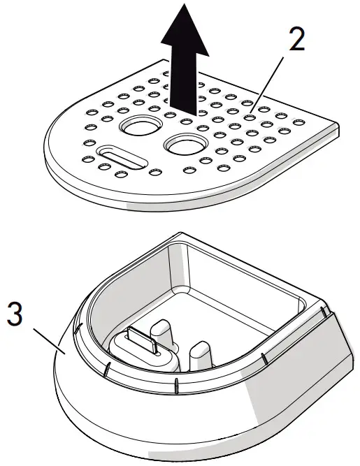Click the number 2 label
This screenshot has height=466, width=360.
click(297, 40)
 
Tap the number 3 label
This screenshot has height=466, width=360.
click(15, 314)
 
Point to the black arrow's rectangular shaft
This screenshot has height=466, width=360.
click(183, 83)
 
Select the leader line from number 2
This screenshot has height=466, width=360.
click(267, 84)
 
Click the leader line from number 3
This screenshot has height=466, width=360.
click(50, 341)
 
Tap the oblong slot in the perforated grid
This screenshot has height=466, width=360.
click(123, 157)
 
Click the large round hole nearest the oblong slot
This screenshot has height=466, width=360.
click(141, 127)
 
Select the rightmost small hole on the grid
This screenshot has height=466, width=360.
click(299, 122)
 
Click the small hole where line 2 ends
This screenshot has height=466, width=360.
click(249, 117)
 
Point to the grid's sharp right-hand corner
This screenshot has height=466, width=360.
click(339, 125)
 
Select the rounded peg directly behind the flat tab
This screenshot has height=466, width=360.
click(161, 331)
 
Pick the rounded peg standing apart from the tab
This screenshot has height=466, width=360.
click(201, 356)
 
